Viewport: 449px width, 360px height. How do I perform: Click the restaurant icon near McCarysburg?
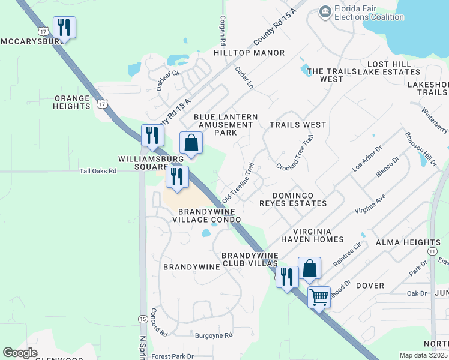point(64,28)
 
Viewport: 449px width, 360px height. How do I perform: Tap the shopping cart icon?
point(319,296)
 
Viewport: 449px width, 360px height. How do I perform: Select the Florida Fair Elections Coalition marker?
point(325,11)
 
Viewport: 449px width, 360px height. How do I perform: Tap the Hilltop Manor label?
point(249,53)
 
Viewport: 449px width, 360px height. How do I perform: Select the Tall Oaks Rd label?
point(98,171)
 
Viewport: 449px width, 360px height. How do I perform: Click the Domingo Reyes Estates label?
point(300,199)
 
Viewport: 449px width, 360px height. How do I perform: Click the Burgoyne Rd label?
point(212,335)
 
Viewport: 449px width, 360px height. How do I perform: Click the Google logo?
point(20,353)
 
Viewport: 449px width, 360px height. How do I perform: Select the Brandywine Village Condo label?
point(206,215)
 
